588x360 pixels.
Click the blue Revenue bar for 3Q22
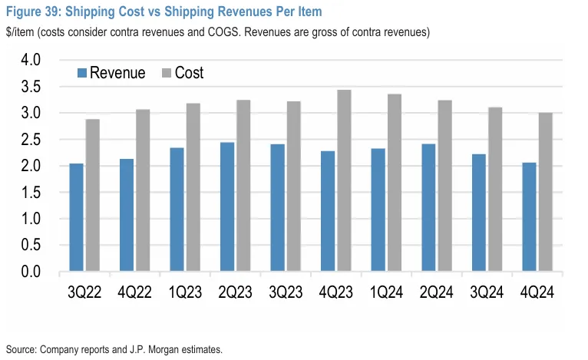(76, 218)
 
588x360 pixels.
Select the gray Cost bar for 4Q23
(344, 181)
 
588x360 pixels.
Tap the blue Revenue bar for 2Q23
(227, 207)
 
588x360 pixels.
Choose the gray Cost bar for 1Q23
(193, 188)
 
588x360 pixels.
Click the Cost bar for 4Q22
(143, 191)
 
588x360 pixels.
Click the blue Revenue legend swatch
(81, 74)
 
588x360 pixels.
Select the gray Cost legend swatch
(166, 74)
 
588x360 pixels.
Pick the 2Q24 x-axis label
(436, 292)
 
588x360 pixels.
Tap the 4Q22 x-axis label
(134, 292)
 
